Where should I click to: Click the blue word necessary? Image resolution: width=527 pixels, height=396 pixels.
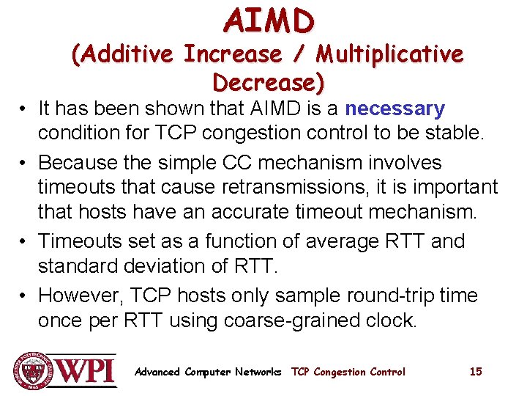395,109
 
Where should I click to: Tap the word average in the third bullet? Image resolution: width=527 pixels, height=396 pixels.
331,241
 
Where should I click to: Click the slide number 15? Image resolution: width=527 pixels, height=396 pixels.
476,372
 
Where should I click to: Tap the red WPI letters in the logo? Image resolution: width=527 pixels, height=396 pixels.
86,370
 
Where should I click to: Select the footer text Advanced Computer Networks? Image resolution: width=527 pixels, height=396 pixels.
208,372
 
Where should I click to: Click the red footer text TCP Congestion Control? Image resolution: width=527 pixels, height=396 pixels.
348,372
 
